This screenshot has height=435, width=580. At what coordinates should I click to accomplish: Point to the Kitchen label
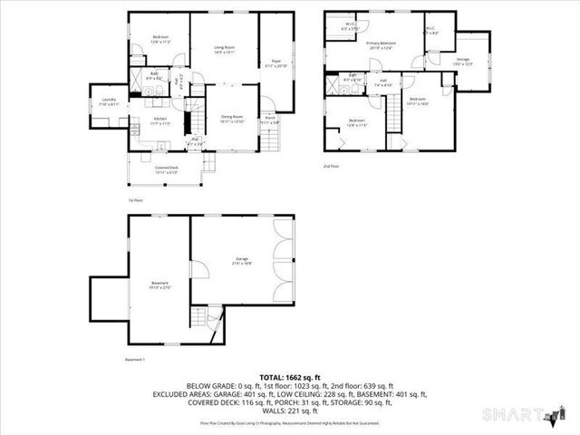tap(160, 120)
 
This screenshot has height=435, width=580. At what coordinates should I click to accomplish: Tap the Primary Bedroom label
tap(381, 45)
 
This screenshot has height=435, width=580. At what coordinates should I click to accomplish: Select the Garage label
tap(240, 260)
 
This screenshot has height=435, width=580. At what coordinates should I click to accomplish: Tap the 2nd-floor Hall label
tap(384, 83)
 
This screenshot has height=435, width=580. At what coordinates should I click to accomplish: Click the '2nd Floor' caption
tap(331, 167)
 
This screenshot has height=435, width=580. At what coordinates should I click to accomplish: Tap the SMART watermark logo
tap(531, 416)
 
